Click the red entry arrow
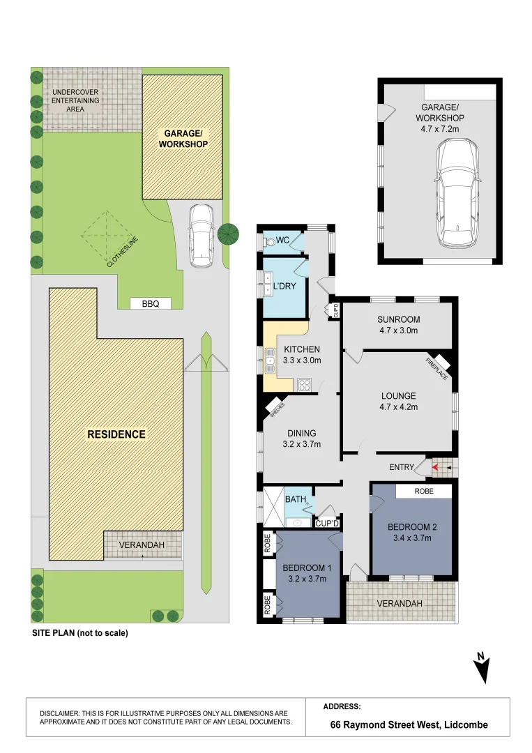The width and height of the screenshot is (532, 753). pyautogui.click(x=435, y=466)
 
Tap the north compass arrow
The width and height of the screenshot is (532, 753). pyautogui.click(x=482, y=667)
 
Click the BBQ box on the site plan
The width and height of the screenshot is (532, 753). pyautogui.click(x=151, y=303)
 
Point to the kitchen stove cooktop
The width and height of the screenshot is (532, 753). pyautogui.click(x=305, y=385)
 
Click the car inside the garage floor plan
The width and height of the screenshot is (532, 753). pyautogui.click(x=457, y=192)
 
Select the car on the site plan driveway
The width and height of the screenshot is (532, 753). pyautogui.click(x=202, y=236)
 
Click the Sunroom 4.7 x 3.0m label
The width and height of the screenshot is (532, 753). pyautogui.click(x=398, y=325)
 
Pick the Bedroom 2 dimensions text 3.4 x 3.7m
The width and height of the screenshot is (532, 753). pyautogui.click(x=412, y=538)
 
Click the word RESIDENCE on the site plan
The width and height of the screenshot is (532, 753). pyautogui.click(x=116, y=434)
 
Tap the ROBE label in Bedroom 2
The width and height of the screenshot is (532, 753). pyautogui.click(x=424, y=491)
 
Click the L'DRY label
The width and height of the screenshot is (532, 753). pyautogui.click(x=284, y=287)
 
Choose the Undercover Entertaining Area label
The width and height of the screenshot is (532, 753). pyautogui.click(x=75, y=100)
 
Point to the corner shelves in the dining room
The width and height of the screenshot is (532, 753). pyautogui.click(x=275, y=408)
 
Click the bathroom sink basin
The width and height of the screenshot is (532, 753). pyautogui.click(x=297, y=522)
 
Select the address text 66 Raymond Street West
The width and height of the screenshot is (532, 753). pyautogui.click(x=385, y=724)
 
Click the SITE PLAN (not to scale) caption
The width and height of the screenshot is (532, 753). pyautogui.click(x=80, y=633)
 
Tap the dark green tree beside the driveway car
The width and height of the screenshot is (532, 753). pyautogui.click(x=228, y=234)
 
